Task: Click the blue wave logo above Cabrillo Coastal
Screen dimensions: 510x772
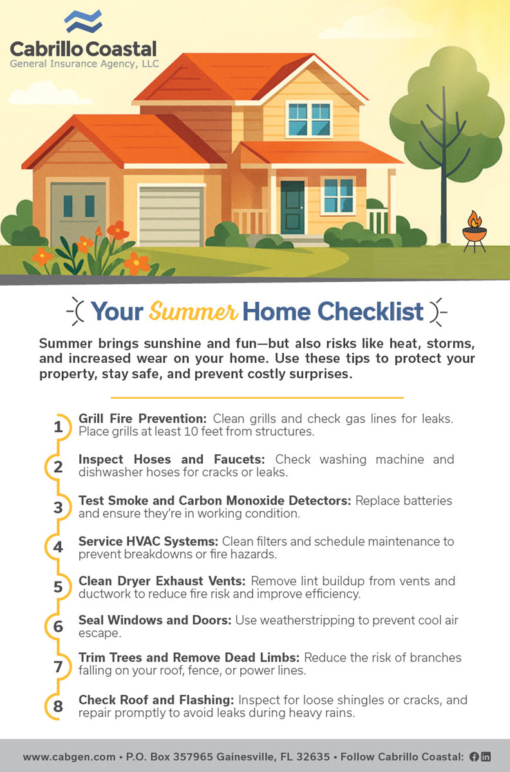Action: click(x=83, y=21)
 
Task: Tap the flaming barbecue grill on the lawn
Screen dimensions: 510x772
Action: click(x=475, y=232)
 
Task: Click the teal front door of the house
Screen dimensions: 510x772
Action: click(x=292, y=207)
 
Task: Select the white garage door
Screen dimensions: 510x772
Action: click(x=171, y=216)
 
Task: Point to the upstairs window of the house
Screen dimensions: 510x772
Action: click(x=309, y=119)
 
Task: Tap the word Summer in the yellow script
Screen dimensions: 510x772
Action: click(x=193, y=311)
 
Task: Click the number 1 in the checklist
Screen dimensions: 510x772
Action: click(x=58, y=427)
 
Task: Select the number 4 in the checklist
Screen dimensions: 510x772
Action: click(x=58, y=547)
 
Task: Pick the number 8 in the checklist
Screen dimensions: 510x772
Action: click(x=58, y=706)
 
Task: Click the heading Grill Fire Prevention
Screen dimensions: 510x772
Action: click(x=142, y=418)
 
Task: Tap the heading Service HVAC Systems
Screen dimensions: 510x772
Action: click(x=148, y=541)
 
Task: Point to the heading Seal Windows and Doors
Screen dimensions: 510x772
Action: click(x=155, y=620)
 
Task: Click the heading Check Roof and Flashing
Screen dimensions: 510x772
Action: click(x=156, y=700)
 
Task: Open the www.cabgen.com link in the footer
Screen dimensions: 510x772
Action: click(x=69, y=757)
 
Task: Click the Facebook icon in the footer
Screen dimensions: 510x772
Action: click(x=474, y=757)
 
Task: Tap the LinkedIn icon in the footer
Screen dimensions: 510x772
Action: click(x=486, y=757)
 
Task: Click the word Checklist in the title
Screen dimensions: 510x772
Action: click(x=370, y=311)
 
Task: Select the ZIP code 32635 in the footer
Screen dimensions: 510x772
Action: click(x=313, y=757)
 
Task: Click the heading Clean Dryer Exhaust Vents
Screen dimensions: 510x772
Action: click(x=162, y=581)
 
